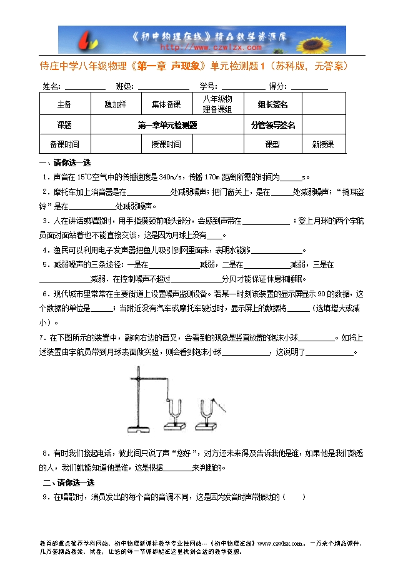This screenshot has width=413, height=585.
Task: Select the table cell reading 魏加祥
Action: tap(115, 104)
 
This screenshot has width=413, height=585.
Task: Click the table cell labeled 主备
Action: tap(64, 104)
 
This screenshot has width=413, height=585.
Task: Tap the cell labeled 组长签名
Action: tap(273, 104)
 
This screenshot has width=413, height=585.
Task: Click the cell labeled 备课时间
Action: tap(64, 144)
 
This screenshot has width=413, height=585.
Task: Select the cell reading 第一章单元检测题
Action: tap(167, 125)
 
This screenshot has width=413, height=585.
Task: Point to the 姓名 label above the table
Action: tap(51, 86)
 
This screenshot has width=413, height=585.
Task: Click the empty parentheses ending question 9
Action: tap(294, 497)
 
